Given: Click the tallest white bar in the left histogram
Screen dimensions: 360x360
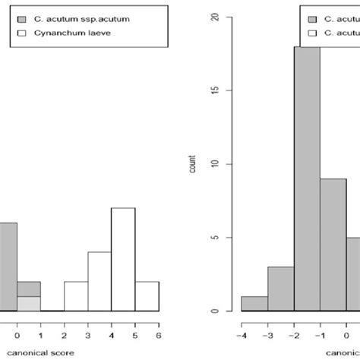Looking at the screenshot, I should [x=123, y=259].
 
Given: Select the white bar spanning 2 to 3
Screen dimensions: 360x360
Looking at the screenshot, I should [x=75, y=296].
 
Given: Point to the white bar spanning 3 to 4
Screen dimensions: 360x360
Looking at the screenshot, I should [x=99, y=281].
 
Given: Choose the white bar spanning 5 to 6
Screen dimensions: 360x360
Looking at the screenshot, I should [x=147, y=296].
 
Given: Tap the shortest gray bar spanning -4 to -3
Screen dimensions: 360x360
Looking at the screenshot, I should [x=254, y=303].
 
